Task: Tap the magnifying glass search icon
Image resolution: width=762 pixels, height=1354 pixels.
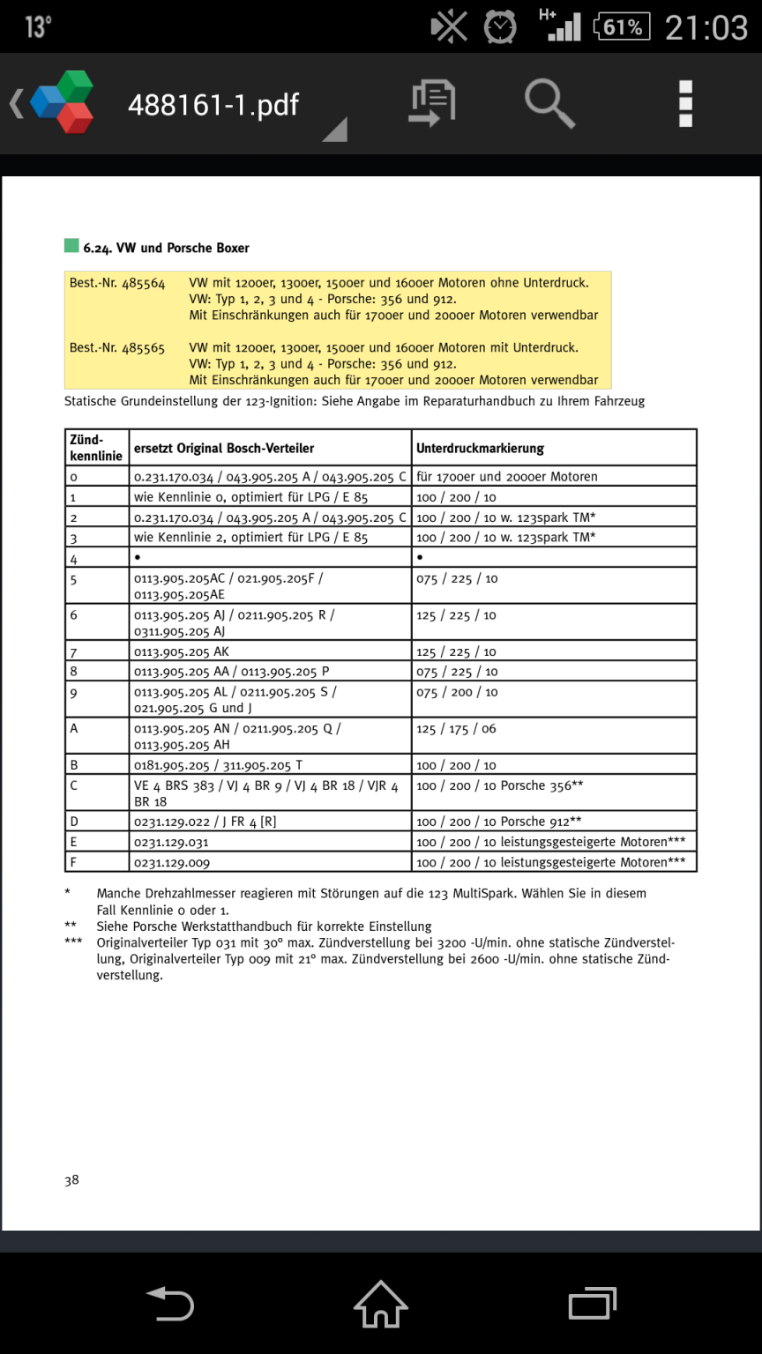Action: [549, 104]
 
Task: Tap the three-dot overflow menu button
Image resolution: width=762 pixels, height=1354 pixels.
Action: [685, 104]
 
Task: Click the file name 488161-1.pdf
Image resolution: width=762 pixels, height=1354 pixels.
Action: [213, 105]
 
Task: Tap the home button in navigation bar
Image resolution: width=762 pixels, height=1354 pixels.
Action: [381, 1304]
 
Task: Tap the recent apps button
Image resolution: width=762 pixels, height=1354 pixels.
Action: [592, 1304]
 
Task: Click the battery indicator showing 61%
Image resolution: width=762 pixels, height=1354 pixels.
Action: [623, 26]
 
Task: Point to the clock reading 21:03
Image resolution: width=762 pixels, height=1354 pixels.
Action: [706, 27]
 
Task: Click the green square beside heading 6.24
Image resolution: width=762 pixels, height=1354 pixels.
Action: [71, 247]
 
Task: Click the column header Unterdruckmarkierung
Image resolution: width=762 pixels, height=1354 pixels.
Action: [480, 448]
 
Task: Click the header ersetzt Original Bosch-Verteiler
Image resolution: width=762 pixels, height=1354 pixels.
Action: [224, 448]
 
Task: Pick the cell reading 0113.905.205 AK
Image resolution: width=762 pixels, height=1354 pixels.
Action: [182, 652]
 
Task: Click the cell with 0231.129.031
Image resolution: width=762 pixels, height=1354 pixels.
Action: [171, 842]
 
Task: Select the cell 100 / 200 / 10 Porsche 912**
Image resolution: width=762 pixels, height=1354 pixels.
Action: [498, 822]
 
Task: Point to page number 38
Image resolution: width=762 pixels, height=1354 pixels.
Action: [71, 1180]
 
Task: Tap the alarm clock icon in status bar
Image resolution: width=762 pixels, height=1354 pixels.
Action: [500, 26]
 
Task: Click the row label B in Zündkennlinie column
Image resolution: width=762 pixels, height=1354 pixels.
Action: [74, 765]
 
